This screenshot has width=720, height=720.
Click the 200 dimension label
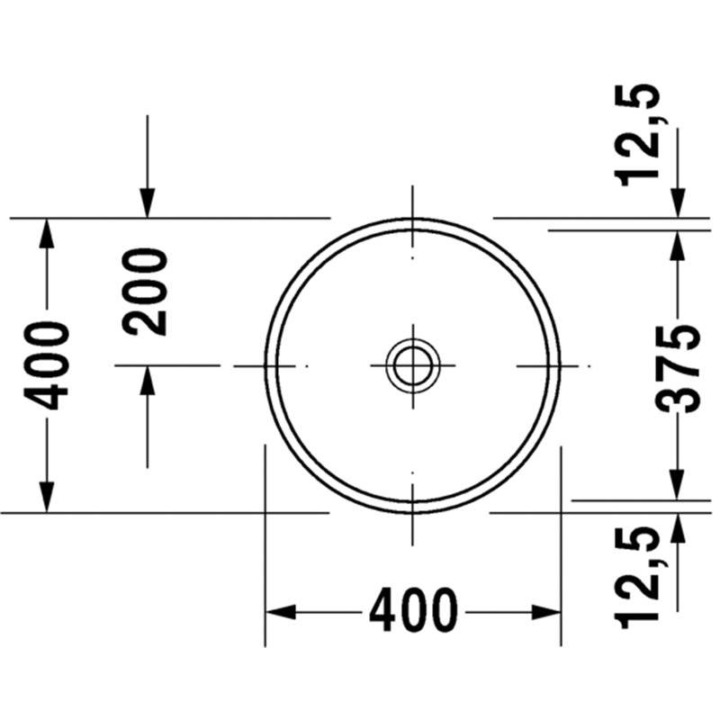[145, 292]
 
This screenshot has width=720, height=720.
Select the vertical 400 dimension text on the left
[46, 365]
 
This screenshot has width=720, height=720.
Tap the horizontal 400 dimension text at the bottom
[414, 611]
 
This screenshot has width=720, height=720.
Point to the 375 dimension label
[677, 369]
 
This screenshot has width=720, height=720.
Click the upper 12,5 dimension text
[640, 135]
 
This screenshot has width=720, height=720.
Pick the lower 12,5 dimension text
[640, 577]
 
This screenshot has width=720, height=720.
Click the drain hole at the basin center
[413, 366]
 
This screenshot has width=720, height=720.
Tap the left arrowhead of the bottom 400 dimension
[280, 612]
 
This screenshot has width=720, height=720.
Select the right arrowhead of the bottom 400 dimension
[546, 612]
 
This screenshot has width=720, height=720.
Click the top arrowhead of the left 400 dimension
[46, 233]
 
